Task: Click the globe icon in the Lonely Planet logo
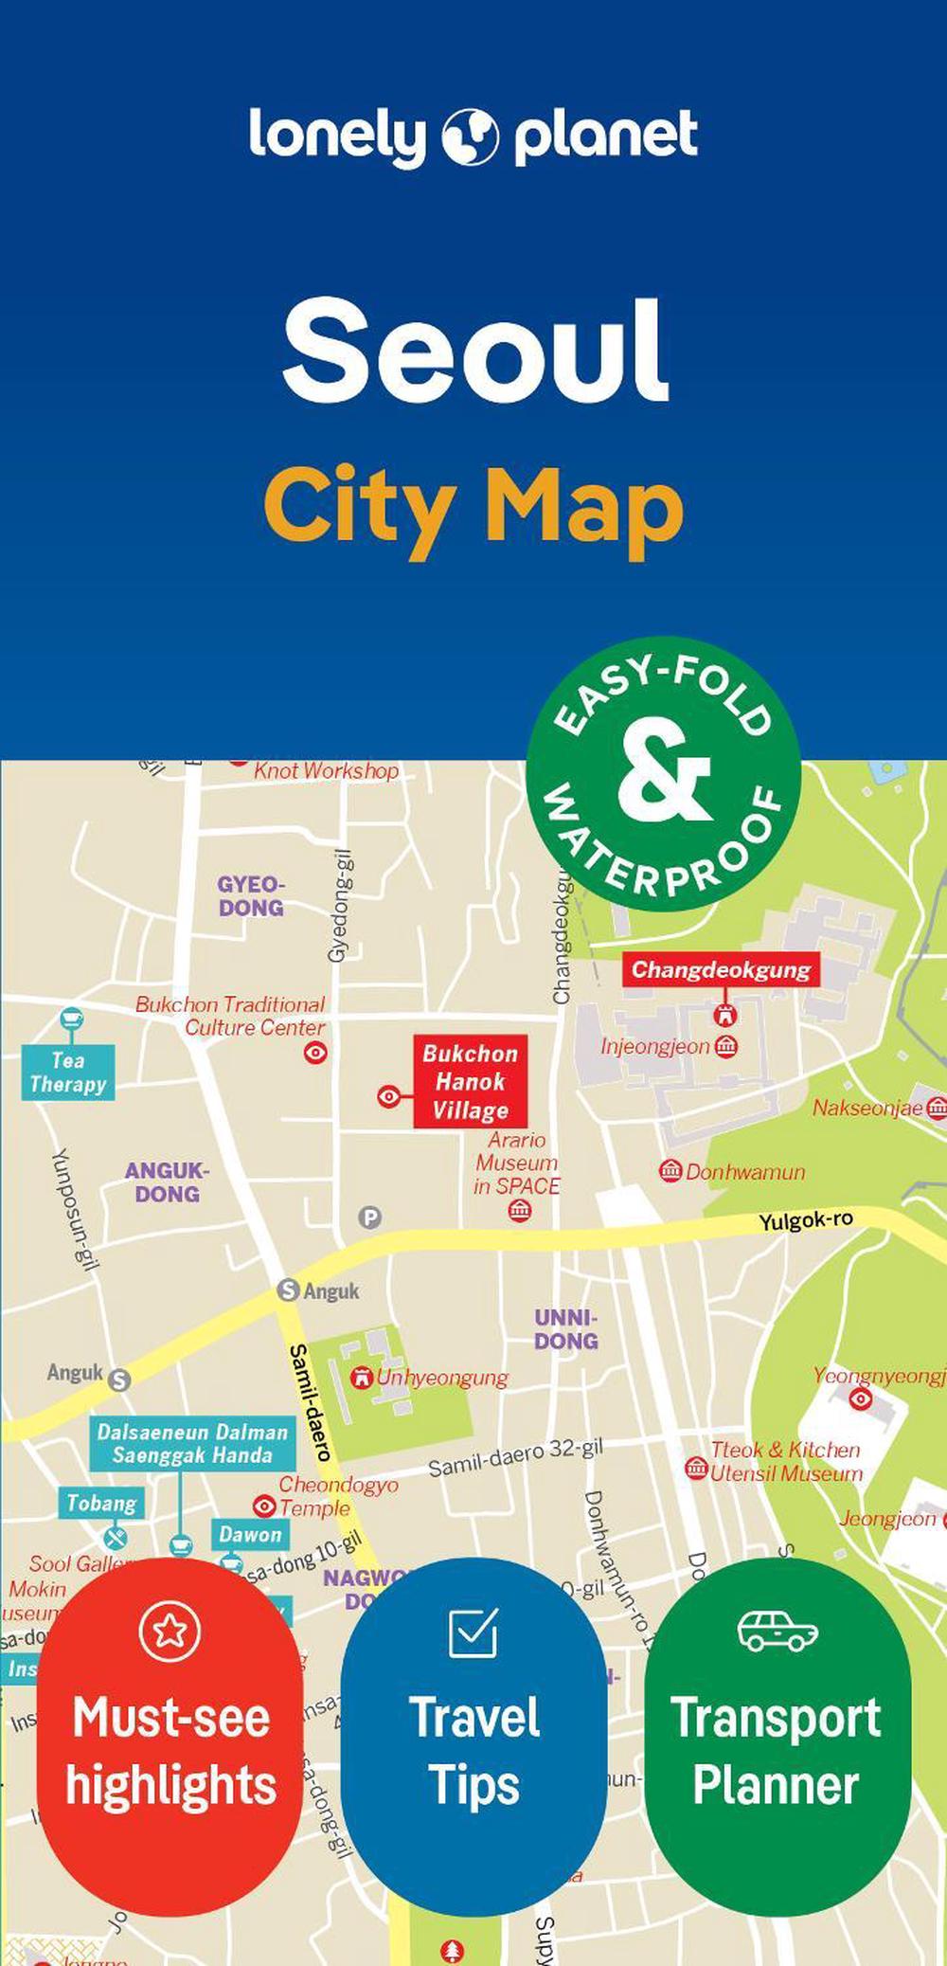click(470, 137)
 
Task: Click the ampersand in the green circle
click(664, 773)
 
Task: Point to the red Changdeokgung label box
click(721, 969)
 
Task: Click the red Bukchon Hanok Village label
click(470, 1081)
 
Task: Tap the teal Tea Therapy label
click(68, 1073)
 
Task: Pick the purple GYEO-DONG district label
click(251, 896)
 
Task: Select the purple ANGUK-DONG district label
click(167, 1182)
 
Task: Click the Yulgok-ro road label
click(806, 1220)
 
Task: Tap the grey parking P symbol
click(369, 1217)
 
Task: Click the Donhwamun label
click(744, 1172)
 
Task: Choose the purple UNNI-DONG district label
click(566, 1329)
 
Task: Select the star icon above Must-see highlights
click(170, 1631)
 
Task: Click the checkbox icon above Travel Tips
click(473, 1631)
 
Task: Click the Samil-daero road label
click(309, 1401)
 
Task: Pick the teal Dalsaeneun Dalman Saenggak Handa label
click(192, 1444)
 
